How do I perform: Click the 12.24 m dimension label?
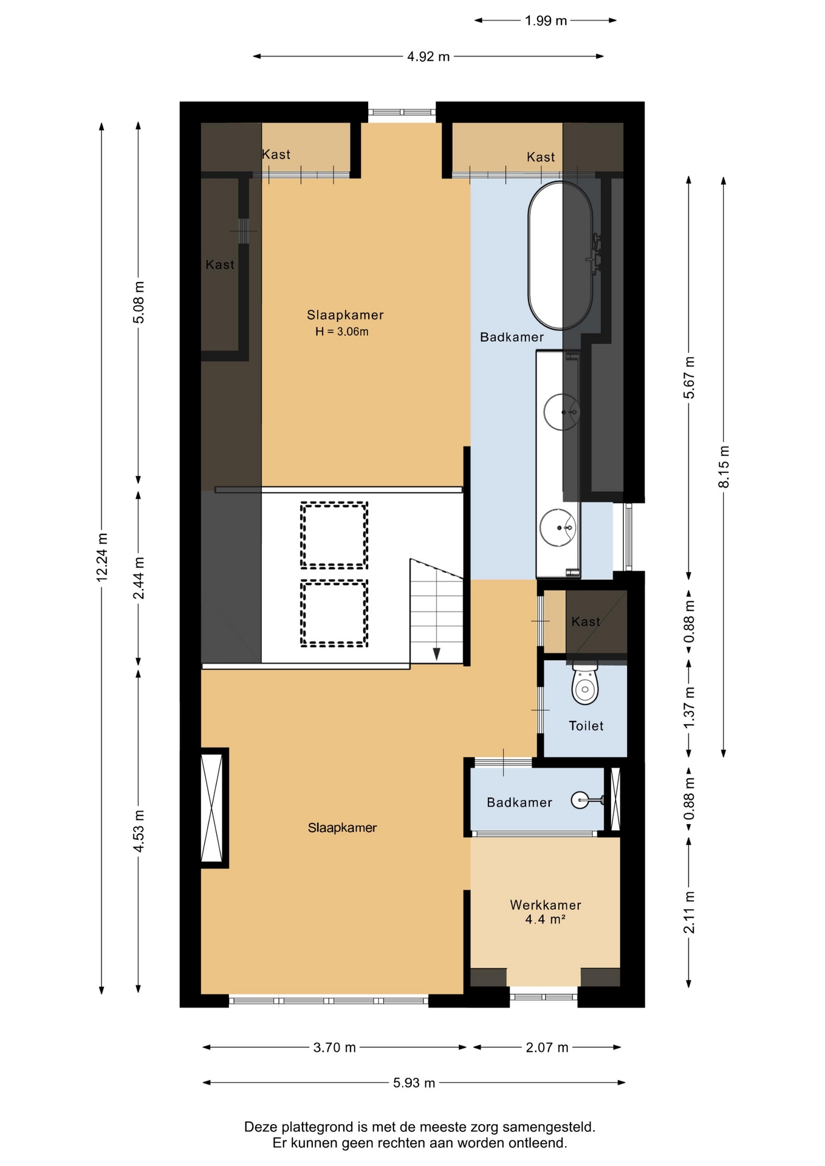[102, 557]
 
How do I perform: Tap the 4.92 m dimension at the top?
[428, 56]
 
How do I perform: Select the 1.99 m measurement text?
[546, 21]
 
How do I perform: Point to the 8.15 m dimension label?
[724, 466]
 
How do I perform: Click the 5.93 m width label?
[414, 1082]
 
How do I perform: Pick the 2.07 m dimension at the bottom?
[547, 1047]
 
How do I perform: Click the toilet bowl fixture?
[585, 683]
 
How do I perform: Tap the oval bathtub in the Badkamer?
[560, 255]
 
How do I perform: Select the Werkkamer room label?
[546, 905]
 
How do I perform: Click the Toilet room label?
[586, 726]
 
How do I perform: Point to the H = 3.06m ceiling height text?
[341, 332]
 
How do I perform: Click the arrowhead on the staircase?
[436, 654]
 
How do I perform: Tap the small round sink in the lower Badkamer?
[580, 800]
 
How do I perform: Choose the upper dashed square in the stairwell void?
[334, 535]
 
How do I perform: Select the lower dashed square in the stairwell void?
[334, 613]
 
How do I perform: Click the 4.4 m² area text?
[545, 919]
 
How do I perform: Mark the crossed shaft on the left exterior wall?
[212, 808]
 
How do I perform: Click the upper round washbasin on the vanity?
[561, 412]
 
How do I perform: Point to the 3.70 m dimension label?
[334, 1047]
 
